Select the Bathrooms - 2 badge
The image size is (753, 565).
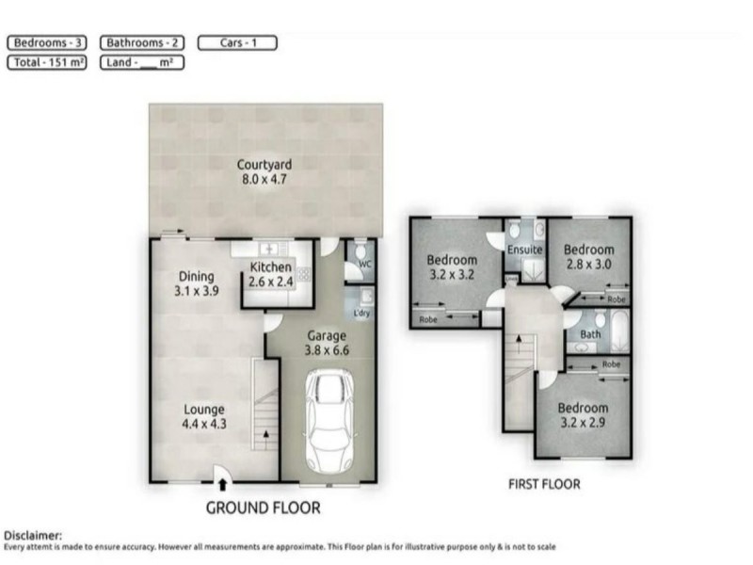pos(142,42)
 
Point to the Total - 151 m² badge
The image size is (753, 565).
pos(47,62)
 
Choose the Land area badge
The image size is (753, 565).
pos(141,62)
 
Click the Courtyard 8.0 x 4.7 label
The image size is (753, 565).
pos(264,171)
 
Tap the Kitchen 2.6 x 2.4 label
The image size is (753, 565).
pos(270,274)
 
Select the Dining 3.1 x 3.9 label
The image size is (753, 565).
pos(197,283)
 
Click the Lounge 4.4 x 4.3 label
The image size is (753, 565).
pos(203,416)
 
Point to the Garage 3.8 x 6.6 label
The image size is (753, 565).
pos(328,342)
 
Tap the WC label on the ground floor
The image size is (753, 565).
pos(365,265)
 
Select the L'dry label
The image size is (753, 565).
pos(361,313)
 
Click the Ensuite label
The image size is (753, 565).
pos(524,250)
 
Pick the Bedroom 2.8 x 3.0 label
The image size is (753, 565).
pos(588,257)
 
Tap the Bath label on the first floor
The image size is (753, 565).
pos(590,333)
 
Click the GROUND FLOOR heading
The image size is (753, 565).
pos(264,508)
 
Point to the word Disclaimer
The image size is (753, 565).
pos(34,535)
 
